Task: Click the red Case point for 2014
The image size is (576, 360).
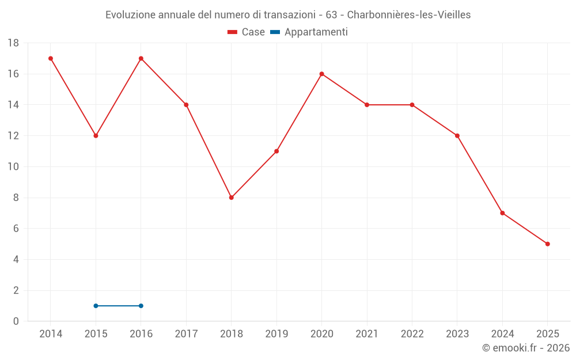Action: click(x=51, y=58)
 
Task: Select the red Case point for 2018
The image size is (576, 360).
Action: click(x=232, y=198)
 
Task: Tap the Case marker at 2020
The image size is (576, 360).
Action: click(x=321, y=74)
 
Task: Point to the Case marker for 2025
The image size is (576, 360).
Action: click(x=548, y=244)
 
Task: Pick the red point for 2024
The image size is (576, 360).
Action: click(x=502, y=213)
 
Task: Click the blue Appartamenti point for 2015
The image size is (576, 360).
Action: click(x=96, y=306)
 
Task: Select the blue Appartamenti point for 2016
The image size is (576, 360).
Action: click(x=141, y=306)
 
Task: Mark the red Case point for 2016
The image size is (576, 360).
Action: click(x=141, y=58)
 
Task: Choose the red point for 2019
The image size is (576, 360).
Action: click(x=276, y=151)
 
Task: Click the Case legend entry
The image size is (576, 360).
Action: click(x=246, y=32)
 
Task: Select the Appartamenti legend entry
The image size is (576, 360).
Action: click(x=309, y=32)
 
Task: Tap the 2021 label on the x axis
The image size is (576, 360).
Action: click(x=367, y=334)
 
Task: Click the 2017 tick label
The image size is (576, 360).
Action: click(x=186, y=334)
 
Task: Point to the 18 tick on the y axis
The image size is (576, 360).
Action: click(x=13, y=43)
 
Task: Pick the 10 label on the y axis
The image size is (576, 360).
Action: click(x=13, y=167)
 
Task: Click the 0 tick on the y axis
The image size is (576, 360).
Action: click(x=16, y=321)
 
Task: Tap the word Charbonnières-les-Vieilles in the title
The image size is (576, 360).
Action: click(x=408, y=15)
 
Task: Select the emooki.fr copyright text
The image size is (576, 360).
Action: click(x=526, y=348)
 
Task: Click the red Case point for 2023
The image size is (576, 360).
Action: click(x=457, y=136)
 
